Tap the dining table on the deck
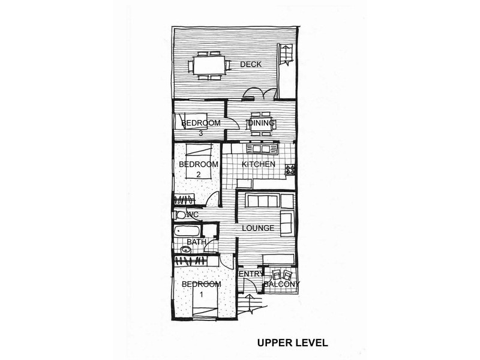tap(209, 65)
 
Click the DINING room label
tap(262, 124)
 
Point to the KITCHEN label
tap(259, 164)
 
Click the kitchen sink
tap(262, 149)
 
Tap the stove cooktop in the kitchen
tap(290, 169)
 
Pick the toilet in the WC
tap(180, 215)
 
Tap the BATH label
tap(196, 242)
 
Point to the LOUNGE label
tap(258, 228)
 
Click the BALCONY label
tap(281, 284)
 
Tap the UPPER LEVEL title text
tap(292, 343)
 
